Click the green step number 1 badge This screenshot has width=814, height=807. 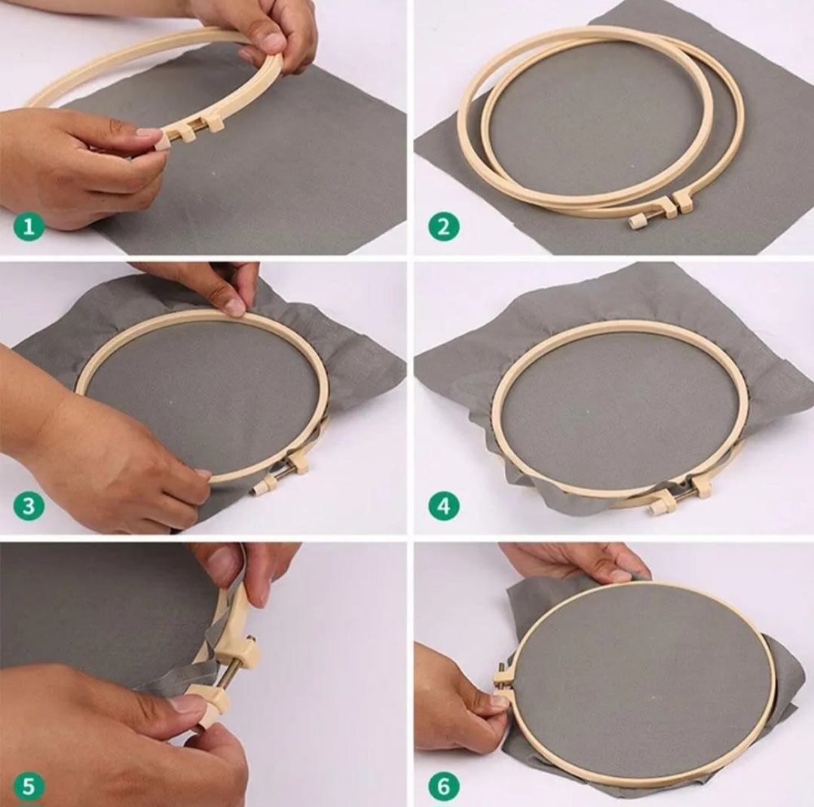[29, 227]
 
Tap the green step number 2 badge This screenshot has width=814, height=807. [444, 227]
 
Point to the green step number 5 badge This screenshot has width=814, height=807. [29, 787]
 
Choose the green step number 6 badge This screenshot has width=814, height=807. [444, 787]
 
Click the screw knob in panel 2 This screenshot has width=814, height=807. [634, 222]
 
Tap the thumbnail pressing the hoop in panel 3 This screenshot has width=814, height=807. [236, 306]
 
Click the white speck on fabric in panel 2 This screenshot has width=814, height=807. [632, 167]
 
